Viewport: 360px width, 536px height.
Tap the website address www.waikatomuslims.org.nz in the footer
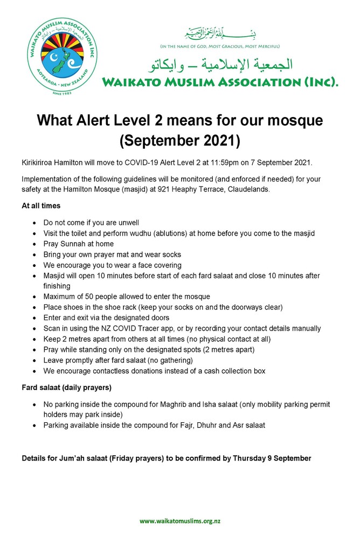coord(180,521)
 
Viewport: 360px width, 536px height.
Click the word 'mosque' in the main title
coord(296,120)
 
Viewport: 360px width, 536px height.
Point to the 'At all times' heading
coord(41,205)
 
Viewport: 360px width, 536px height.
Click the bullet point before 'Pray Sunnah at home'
coord(36,244)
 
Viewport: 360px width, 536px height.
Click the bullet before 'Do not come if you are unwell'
coord(36,223)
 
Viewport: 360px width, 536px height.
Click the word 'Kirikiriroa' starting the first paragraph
coord(39,162)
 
